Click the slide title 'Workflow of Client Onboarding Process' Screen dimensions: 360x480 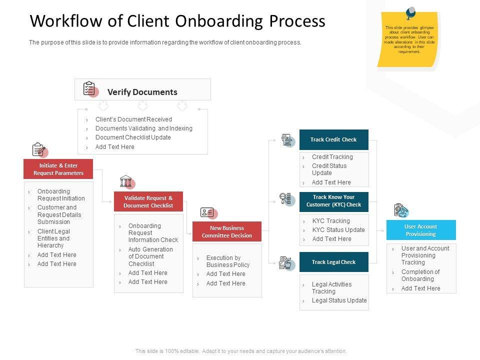point(177,21)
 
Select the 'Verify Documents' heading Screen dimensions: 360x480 point(142,92)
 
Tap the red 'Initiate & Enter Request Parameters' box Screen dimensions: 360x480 point(58,169)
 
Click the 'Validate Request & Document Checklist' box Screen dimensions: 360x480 point(148,201)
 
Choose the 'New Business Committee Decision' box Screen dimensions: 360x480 point(227,231)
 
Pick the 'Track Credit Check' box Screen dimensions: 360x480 point(333,139)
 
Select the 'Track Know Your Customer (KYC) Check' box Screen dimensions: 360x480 point(333,201)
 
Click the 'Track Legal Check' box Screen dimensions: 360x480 point(333,262)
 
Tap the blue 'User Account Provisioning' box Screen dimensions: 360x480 point(421,230)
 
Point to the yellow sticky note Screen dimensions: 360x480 point(408,39)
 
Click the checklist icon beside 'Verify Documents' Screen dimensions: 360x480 point(89,89)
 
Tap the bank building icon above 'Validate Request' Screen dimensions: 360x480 point(126,181)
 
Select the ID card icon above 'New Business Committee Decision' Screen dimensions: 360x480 point(207,212)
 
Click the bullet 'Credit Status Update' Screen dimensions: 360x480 point(329,169)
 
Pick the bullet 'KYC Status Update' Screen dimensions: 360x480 point(338,230)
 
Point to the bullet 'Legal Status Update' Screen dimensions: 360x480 point(339,300)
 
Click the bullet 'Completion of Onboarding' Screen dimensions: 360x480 point(420,275)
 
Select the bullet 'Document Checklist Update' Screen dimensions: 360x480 point(133,137)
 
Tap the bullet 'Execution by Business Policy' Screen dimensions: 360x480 point(227,261)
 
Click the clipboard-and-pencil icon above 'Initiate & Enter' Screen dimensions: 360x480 point(39,149)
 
